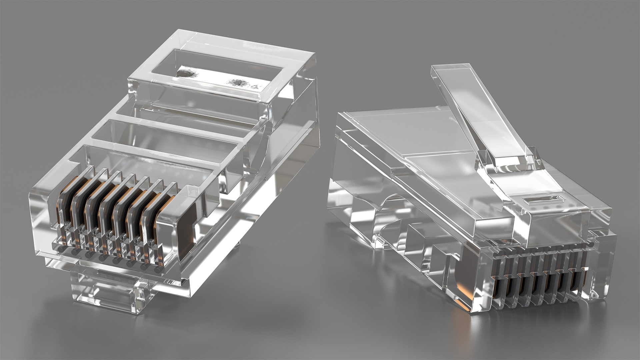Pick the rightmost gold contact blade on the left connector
pyautogui.click(x=167, y=217)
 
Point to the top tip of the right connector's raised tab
pyautogui.click(x=452, y=68)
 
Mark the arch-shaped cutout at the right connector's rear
pyautogui.click(x=390, y=213)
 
